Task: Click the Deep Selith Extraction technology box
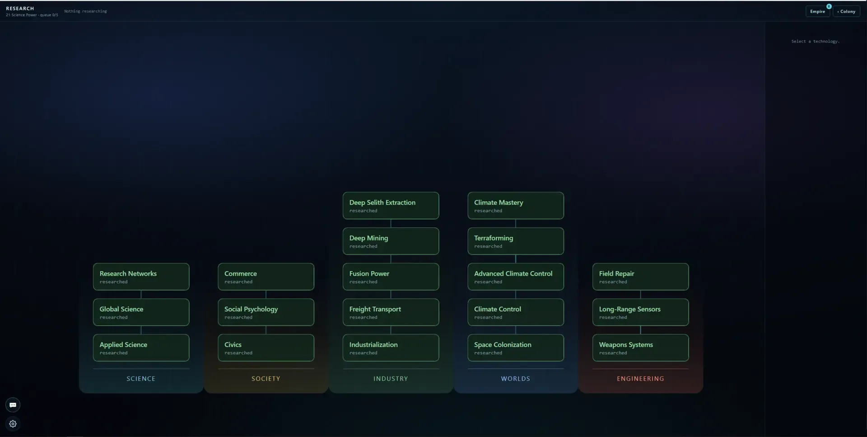(x=391, y=206)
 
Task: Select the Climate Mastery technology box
(x=516, y=206)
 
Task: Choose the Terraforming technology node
(x=516, y=241)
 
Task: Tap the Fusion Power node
(x=391, y=277)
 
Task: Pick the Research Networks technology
(x=141, y=277)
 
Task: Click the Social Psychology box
(x=266, y=312)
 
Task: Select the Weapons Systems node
(x=640, y=348)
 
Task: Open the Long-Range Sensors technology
(x=640, y=312)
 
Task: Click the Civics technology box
(x=266, y=348)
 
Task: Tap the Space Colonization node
(x=516, y=348)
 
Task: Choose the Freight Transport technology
(x=391, y=312)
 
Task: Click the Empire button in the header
(x=817, y=11)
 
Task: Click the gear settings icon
(x=13, y=424)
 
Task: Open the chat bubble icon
(x=13, y=405)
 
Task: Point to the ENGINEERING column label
(x=640, y=379)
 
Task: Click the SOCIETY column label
(x=266, y=379)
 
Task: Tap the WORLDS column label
(x=516, y=379)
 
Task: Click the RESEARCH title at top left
(x=20, y=9)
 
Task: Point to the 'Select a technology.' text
(x=816, y=41)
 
